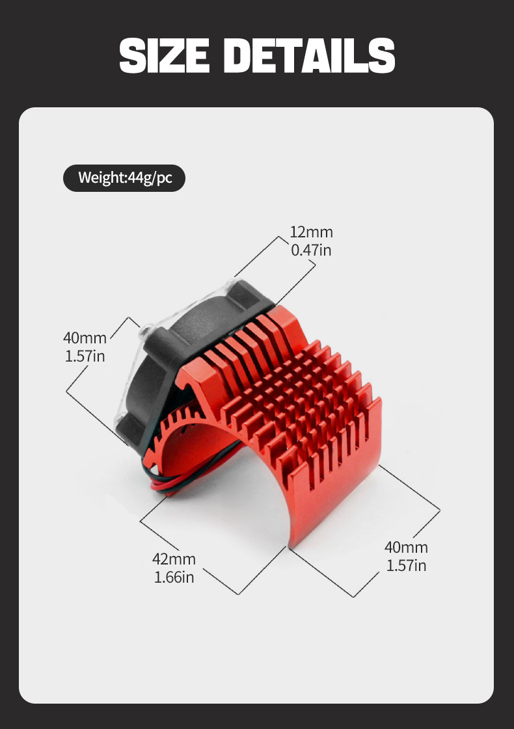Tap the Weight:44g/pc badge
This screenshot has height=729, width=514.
[x=124, y=178]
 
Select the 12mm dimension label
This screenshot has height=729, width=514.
[x=311, y=232]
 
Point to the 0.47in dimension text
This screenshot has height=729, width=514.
[x=311, y=250]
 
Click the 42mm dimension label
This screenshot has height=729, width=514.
[x=174, y=559]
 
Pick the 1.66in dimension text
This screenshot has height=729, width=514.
[x=174, y=577]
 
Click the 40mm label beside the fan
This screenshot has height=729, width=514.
[x=85, y=338]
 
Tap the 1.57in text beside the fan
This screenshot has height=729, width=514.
[x=85, y=356]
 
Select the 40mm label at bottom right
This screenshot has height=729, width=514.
[x=406, y=547]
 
